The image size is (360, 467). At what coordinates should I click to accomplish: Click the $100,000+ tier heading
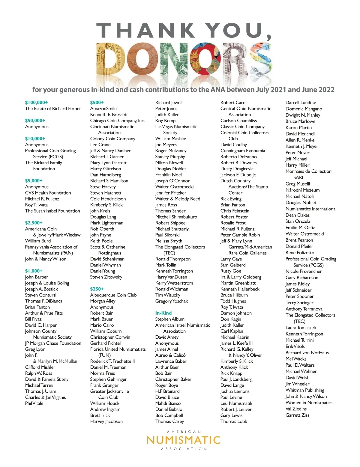coord(36,103)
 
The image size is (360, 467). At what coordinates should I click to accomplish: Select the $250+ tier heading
coord(97,289)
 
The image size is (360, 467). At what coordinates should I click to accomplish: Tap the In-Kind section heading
coord(163,313)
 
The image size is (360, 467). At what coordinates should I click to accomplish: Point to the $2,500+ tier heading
coord(34,223)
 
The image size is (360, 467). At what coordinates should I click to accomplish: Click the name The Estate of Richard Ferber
coord(53,109)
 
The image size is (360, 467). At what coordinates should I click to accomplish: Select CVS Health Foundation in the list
coord(48,193)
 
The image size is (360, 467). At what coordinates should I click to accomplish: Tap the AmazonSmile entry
coord(103,109)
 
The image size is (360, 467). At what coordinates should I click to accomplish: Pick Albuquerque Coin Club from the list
coord(113,295)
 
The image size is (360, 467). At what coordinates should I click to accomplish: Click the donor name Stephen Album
coord(170,319)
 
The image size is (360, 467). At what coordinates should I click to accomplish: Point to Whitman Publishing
coord(305,390)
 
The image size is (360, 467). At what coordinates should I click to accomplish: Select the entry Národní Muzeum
coord(302,190)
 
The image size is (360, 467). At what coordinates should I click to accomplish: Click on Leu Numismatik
coord(236,403)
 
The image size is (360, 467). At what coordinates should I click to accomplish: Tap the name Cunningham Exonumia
coord(243,150)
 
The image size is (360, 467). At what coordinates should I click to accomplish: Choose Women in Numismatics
coord(309,403)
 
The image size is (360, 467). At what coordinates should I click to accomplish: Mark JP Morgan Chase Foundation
coord(53,343)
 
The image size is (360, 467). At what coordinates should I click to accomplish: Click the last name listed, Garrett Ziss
coord(297,415)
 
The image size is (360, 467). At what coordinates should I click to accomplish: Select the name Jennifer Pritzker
coord(171,193)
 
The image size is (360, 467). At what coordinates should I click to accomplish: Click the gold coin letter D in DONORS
coord(113,60)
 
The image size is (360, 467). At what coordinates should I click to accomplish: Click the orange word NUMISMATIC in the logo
coord(184,440)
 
